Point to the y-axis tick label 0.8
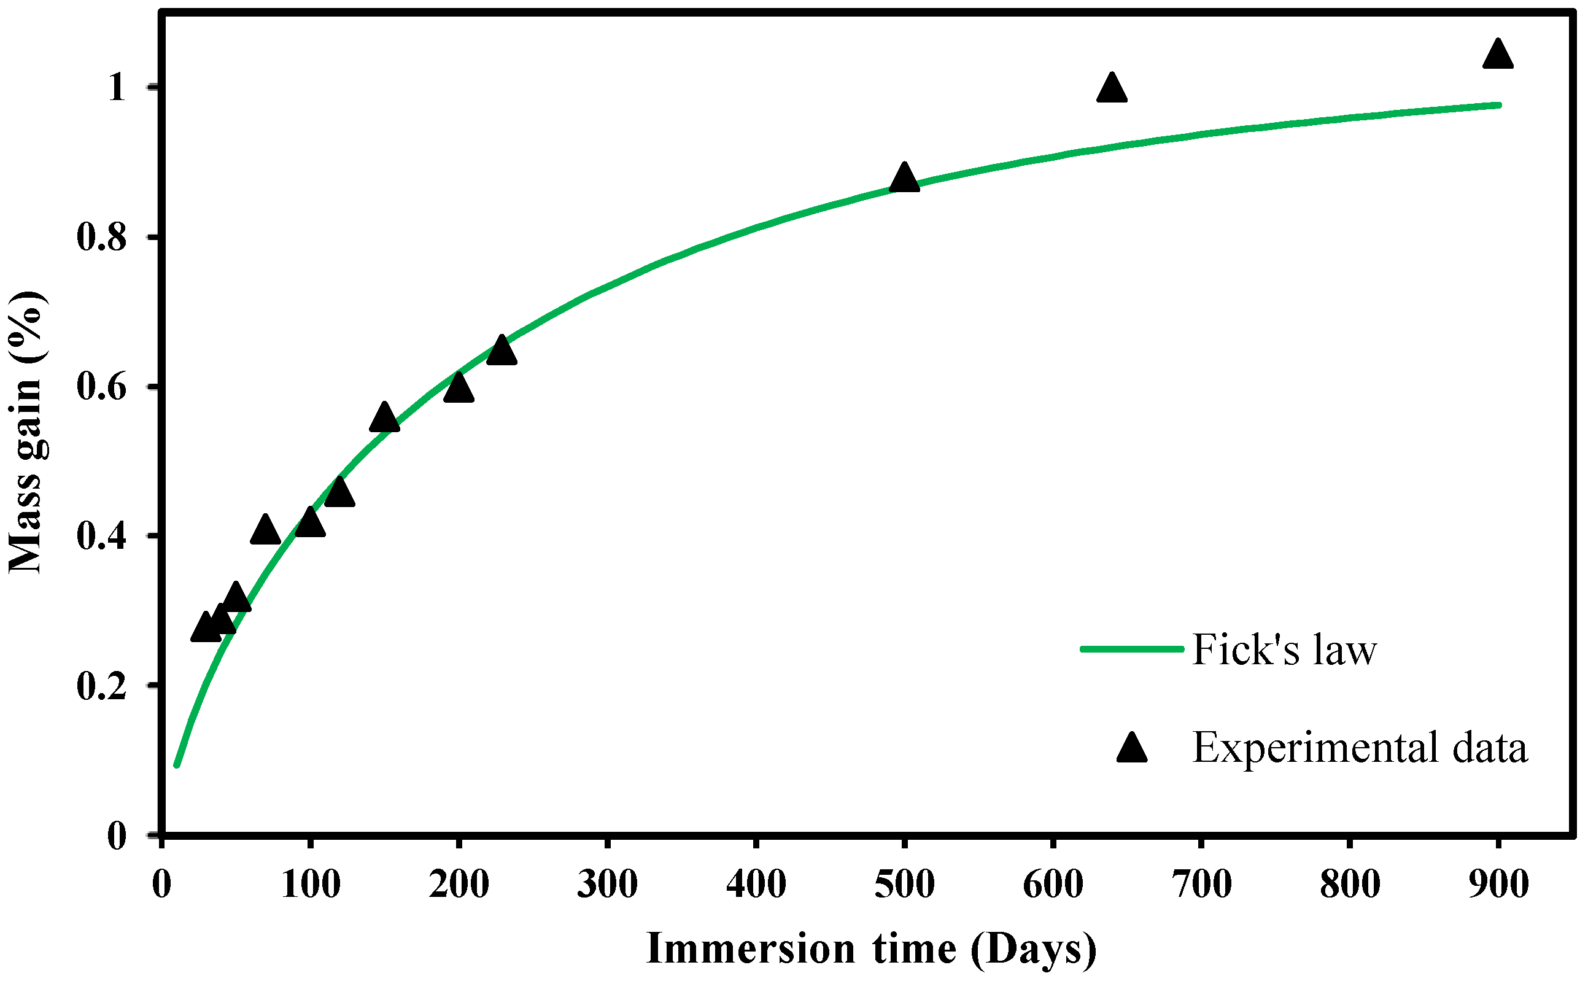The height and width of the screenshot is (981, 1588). (102, 237)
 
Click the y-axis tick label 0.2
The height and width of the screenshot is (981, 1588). (102, 685)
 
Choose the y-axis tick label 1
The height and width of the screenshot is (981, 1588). (117, 87)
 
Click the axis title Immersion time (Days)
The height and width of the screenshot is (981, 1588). (871, 948)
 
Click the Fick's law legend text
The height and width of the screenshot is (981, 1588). (1284, 649)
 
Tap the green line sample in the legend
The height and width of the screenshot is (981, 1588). (1132, 649)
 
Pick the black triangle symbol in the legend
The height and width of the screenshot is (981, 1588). (1132, 749)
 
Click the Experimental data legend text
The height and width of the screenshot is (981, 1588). (1360, 748)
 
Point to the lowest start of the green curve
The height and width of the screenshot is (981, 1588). (176, 765)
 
